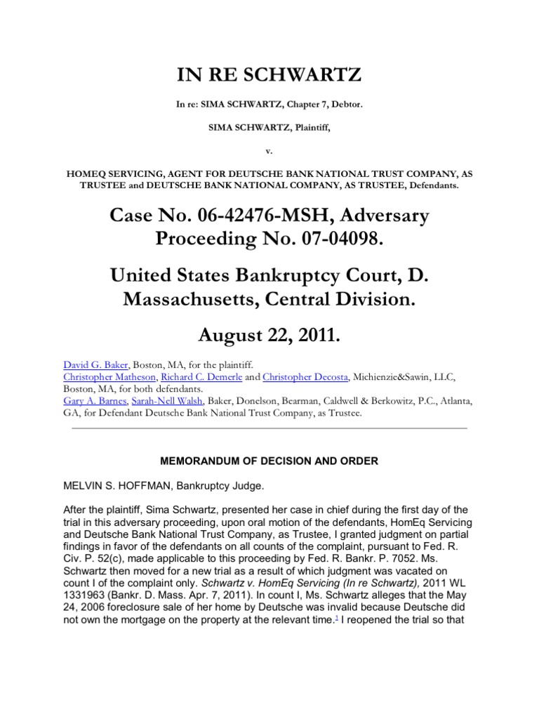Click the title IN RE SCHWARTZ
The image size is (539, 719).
(x=269, y=74)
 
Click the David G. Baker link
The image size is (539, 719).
(x=87, y=365)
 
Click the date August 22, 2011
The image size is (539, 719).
(x=269, y=336)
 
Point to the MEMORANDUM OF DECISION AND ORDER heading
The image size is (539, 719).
(x=269, y=461)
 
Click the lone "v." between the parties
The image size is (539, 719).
(x=269, y=150)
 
